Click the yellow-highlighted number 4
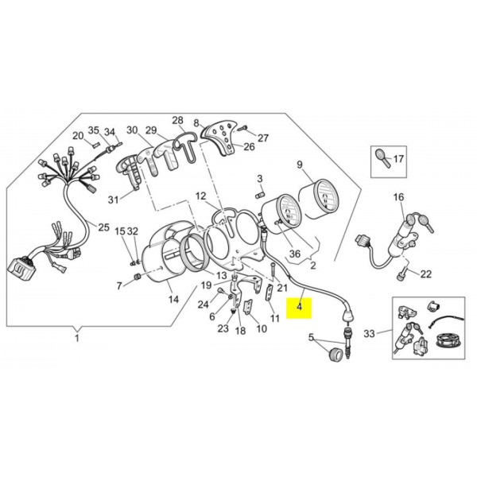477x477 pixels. click(x=300, y=307)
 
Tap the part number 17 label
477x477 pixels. click(x=398, y=159)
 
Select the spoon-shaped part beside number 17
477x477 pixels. click(x=382, y=157)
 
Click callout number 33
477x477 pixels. click(x=370, y=334)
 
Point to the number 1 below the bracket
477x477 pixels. click(x=77, y=338)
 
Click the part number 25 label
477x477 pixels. click(x=103, y=227)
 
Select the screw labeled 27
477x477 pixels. click(x=242, y=128)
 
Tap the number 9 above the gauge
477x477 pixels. click(x=300, y=165)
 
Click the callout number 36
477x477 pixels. click(x=295, y=254)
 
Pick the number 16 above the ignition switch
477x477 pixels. click(x=398, y=197)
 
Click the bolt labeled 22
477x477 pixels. click(x=400, y=274)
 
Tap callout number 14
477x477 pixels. click(x=173, y=300)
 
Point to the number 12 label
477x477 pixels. click(x=201, y=196)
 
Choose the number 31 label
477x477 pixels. click(x=113, y=200)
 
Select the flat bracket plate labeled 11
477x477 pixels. click(x=269, y=293)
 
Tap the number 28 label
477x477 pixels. click(x=178, y=121)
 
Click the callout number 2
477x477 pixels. click(x=313, y=266)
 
